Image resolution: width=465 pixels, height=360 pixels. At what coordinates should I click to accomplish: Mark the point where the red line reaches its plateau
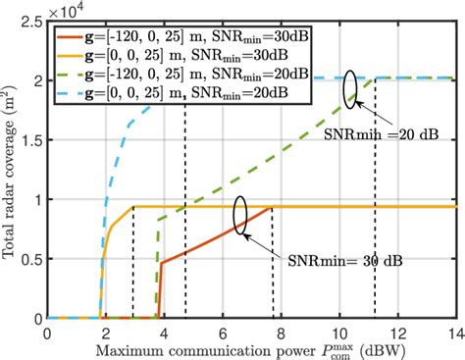click(x=272, y=207)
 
